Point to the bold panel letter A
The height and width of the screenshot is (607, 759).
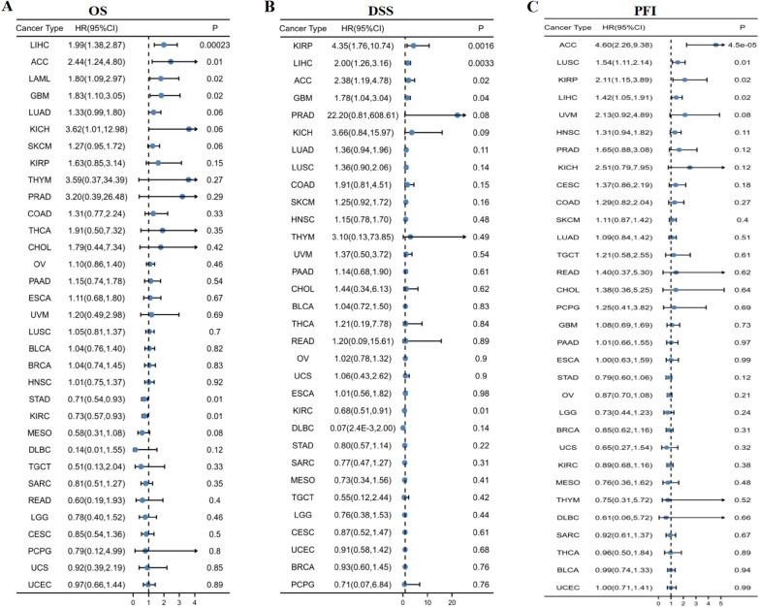9,9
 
